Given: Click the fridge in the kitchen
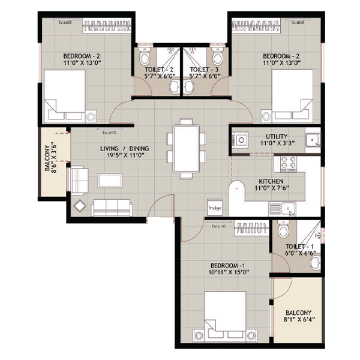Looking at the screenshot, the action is click(x=215, y=208).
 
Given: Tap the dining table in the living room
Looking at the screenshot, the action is click(x=187, y=149).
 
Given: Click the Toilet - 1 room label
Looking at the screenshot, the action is click(x=299, y=247).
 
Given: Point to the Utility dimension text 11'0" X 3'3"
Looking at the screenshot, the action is click(x=278, y=143).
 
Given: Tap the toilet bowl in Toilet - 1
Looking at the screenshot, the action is click(x=283, y=229).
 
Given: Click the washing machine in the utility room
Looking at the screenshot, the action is click(x=240, y=140).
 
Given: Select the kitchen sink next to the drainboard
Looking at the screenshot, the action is click(x=289, y=209).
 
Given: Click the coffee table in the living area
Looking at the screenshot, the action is click(x=110, y=181).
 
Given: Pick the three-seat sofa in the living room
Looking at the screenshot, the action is click(x=112, y=208).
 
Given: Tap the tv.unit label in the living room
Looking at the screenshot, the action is click(x=110, y=133).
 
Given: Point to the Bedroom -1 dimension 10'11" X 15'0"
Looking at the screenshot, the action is click(x=229, y=272).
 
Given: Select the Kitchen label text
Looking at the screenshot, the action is click(x=271, y=181).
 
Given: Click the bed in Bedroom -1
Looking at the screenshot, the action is click(x=225, y=317).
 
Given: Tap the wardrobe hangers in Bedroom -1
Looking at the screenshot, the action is click(x=251, y=228).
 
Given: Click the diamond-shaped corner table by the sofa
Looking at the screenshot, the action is click(x=80, y=206).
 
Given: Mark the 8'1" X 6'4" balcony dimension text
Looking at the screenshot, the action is click(x=299, y=319).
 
